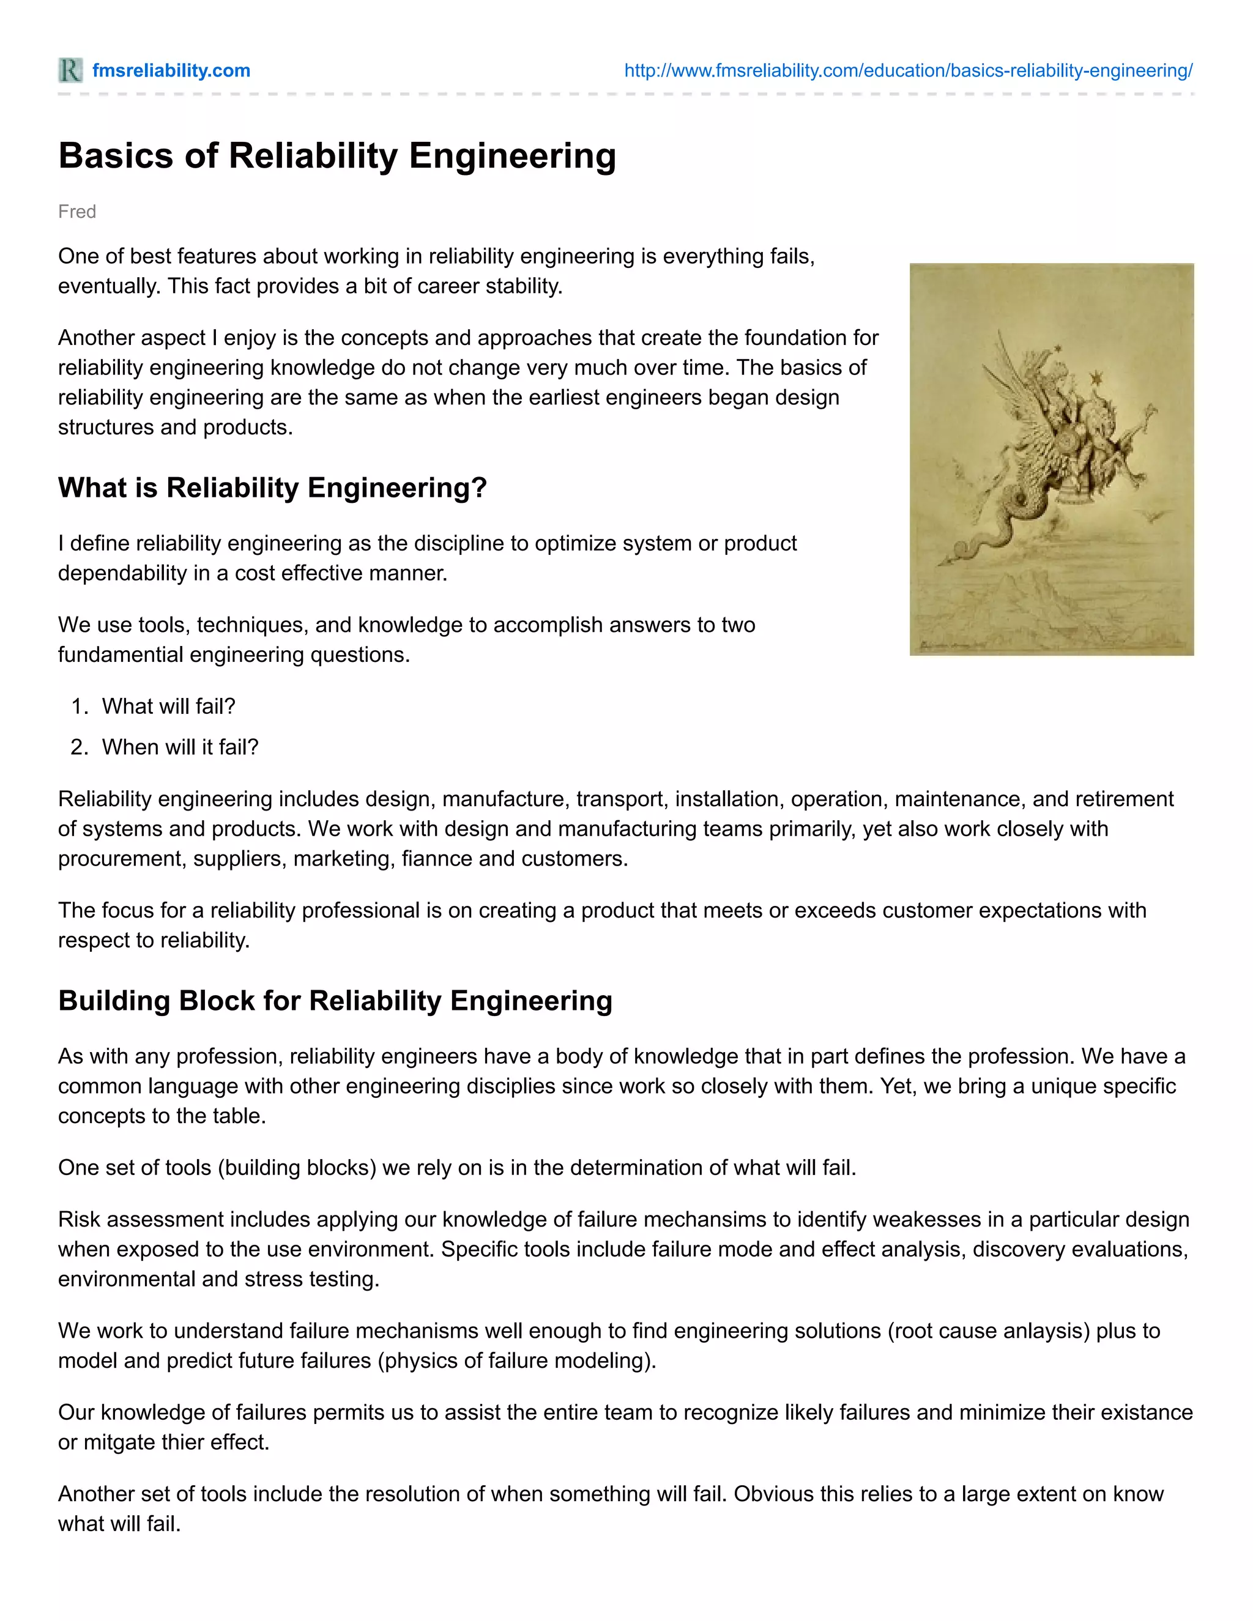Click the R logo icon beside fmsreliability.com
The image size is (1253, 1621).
pyautogui.click(x=70, y=70)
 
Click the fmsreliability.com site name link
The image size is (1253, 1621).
pyautogui.click(x=171, y=70)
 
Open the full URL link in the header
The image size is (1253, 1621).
pyautogui.click(x=908, y=70)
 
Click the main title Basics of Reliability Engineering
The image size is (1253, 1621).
pyautogui.click(x=337, y=156)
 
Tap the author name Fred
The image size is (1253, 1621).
pyautogui.click(x=76, y=212)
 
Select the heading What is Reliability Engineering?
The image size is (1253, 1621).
pyautogui.click(x=272, y=488)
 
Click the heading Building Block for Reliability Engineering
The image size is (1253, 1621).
pyautogui.click(x=335, y=1001)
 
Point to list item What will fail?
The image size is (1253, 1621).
pyautogui.click(x=168, y=706)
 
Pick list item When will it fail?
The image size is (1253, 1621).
pyautogui.click(x=180, y=747)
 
